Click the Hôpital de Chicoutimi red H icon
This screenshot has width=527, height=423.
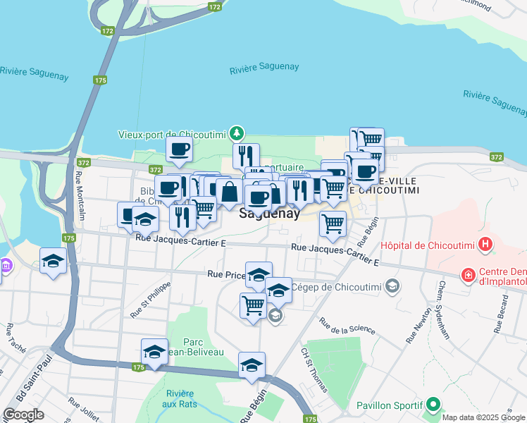click(485, 245)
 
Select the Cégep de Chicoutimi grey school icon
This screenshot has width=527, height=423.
click(393, 286)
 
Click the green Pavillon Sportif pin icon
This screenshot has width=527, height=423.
click(433, 405)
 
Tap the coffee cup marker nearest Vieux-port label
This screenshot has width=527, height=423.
click(179, 149)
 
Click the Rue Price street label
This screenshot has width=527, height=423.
click(225, 274)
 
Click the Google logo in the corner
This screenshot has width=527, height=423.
click(23, 415)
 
